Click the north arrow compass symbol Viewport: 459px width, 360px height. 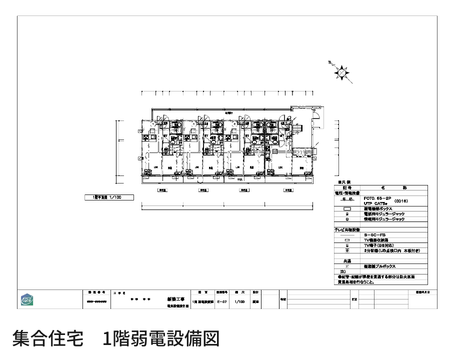click(x=341, y=73)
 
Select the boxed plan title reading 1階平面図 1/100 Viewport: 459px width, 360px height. click(x=109, y=197)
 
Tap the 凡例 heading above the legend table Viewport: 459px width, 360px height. click(x=345, y=182)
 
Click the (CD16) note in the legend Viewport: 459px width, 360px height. click(x=401, y=200)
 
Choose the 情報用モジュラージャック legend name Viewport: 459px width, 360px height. click(x=384, y=219)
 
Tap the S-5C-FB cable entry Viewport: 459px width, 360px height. click(x=374, y=234)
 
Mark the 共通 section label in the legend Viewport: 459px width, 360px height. click(x=346, y=261)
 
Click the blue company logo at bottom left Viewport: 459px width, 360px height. click(x=28, y=299)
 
